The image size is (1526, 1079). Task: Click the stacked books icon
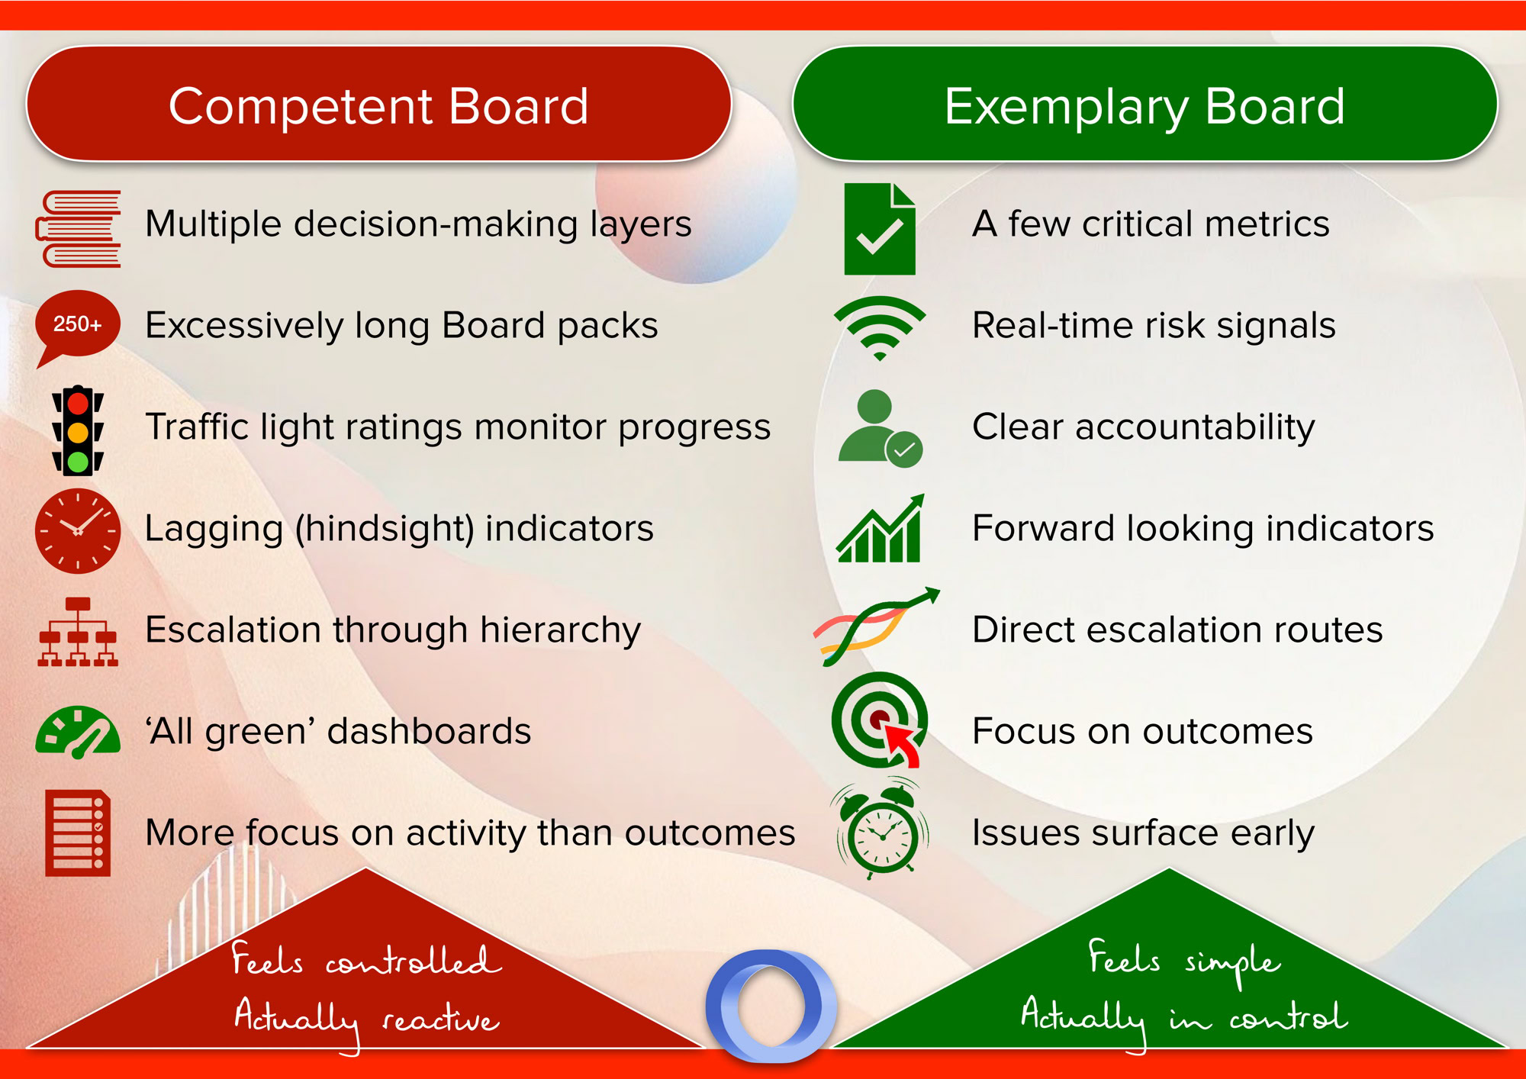[78, 229]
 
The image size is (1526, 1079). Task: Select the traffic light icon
[78, 431]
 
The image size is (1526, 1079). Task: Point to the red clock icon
[78, 531]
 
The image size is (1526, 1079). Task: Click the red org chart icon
[78, 633]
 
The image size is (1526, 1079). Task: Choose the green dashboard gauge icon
[78, 733]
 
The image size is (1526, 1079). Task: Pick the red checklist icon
[78, 833]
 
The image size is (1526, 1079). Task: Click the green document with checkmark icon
[880, 229]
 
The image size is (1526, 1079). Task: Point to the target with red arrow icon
[880, 720]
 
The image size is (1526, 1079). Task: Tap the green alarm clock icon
[882, 829]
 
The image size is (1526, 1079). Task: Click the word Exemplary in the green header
[1066, 107]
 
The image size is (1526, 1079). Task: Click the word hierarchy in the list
[560, 631]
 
